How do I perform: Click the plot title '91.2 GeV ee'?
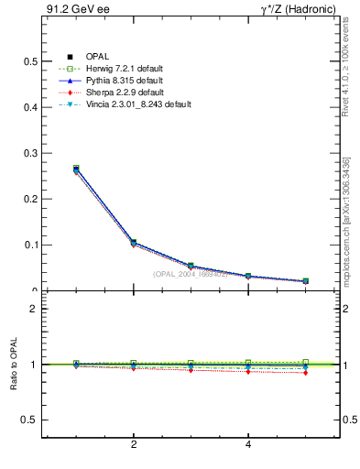coord(71,9)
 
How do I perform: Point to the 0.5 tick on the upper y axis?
coord(30,61)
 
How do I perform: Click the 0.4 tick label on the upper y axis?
coord(30,107)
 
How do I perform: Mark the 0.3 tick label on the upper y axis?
coord(30,153)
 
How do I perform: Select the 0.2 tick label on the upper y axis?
coord(30,199)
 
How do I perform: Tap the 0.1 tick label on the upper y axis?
coord(30,245)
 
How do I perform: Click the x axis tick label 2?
coord(134,446)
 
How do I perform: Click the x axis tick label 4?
coord(248,446)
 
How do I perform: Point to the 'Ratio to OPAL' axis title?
coord(13,365)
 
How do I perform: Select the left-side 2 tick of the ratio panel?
coord(34,309)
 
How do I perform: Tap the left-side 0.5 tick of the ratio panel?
coord(30,420)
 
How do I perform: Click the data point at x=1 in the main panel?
coord(76,169)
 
